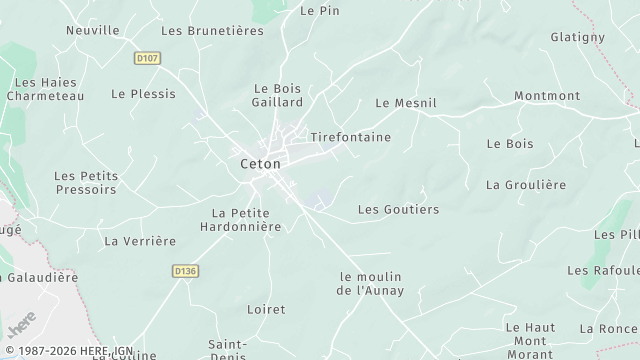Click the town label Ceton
pos(260,163)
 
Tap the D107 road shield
pos(148,58)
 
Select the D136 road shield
pos(184,270)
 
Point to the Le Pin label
pos(320,11)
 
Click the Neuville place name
pos(93,31)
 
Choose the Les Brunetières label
pos(212,31)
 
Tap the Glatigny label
pos(578,37)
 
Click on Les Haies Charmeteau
pos(45,89)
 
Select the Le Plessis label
pos(143,94)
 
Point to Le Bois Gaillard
pos(278,95)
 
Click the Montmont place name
pos(547,96)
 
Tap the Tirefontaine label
pos(350,136)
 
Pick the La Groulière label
pos(526,185)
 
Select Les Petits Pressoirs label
pos(86,182)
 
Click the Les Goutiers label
pos(398,210)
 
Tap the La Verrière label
pos(140,241)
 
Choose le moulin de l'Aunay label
pos(376,283)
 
